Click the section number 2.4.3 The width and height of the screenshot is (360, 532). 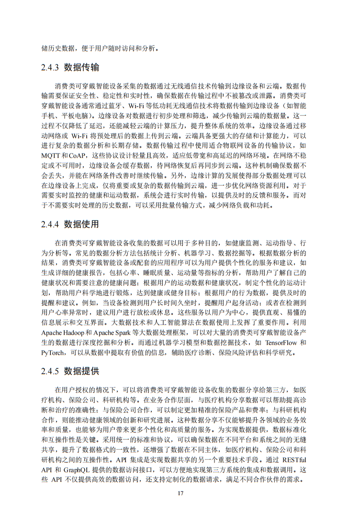click(50, 67)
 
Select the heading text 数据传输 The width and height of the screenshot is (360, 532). click(82, 67)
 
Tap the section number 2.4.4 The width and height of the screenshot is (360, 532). click(50, 224)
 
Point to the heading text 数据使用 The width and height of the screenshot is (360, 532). click(82, 224)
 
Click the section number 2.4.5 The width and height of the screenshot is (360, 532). click(50, 371)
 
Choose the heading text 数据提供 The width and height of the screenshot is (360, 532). click(82, 371)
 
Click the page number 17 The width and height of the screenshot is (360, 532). click(180, 493)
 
